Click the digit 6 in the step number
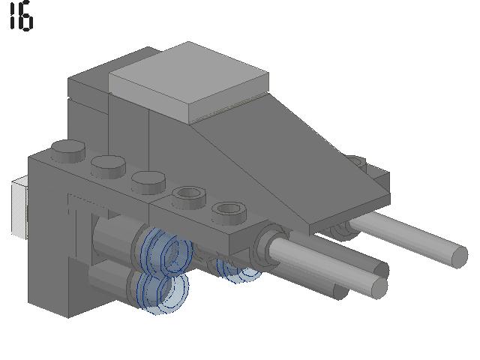pos(25,17)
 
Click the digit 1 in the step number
pos(13,15)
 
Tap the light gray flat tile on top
pos(189,82)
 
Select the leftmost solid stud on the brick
pos(68,151)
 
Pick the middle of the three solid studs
pos(108,166)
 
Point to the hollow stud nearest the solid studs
pos(188,198)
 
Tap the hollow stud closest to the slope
pos(229,212)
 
